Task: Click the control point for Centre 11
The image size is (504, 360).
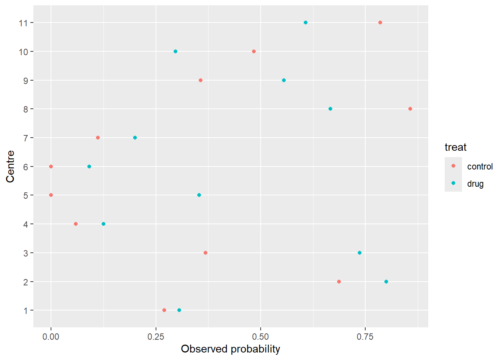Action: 380,22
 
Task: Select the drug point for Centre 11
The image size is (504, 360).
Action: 306,22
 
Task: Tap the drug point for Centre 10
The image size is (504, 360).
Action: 175,51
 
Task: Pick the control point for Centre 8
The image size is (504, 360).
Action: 410,109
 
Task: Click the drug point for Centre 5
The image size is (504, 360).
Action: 199,195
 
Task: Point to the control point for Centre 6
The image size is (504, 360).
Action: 51,166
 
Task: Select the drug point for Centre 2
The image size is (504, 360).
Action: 386,282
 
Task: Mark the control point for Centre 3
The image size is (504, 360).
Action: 205,253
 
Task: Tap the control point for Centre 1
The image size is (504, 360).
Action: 164,310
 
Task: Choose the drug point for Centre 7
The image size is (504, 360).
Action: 135,138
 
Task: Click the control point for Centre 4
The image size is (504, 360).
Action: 76,224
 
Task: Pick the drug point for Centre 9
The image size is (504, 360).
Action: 284,80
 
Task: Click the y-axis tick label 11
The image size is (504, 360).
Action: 23,23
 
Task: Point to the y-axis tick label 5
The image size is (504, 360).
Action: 25,195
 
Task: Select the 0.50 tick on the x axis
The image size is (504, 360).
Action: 260,337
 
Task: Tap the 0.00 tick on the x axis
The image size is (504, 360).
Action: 51,337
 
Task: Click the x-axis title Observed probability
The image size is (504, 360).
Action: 230,349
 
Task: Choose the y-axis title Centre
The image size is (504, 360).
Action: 10,166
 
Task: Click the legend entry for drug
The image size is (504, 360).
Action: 475,184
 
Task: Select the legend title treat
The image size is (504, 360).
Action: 455,147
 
